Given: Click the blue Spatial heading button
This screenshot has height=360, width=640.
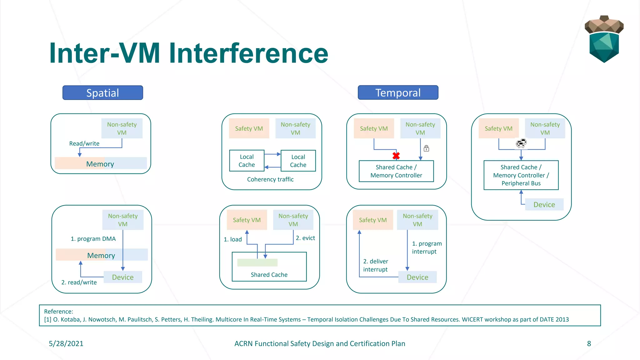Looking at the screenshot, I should [x=102, y=93].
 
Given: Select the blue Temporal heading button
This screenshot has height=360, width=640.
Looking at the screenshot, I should [x=398, y=93].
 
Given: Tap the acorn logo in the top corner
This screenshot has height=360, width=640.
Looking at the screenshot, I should [x=604, y=39].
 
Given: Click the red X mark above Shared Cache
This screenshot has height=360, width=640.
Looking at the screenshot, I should [x=396, y=156].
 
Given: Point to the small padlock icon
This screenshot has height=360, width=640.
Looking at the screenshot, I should [x=426, y=148].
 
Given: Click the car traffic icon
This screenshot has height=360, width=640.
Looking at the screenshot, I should [x=521, y=143].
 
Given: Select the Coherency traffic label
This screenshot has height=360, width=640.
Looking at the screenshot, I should [x=270, y=179].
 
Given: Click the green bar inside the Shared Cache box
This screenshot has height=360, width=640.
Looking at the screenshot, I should [x=257, y=262].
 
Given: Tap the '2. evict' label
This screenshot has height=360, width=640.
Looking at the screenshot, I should [x=305, y=238].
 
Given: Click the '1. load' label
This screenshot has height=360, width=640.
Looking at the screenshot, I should [x=232, y=239].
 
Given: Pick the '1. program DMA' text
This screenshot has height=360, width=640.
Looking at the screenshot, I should [x=93, y=239].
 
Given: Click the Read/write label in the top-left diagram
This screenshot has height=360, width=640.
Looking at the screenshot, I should [x=84, y=143].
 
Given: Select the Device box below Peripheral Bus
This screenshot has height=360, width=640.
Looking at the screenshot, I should [x=544, y=205].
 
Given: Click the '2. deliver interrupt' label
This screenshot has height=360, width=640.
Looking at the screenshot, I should [x=375, y=265].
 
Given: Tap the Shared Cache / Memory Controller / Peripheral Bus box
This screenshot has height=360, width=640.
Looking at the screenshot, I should [x=521, y=175].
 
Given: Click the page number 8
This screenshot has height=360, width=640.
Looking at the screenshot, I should [x=589, y=343].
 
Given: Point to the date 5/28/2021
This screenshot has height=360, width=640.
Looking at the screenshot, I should [x=66, y=343].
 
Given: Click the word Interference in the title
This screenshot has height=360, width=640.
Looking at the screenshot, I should [x=248, y=53].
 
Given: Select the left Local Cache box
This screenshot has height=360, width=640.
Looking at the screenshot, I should [x=247, y=161].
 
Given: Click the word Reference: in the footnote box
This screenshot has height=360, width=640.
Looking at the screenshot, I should [x=58, y=311].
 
